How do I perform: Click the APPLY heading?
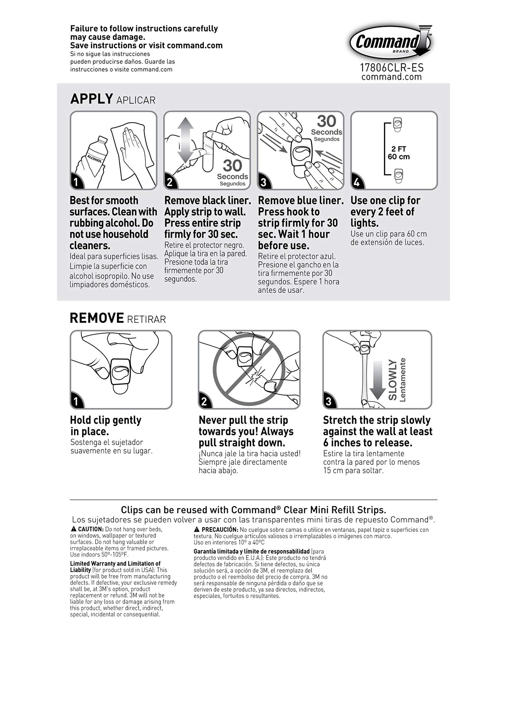point(91,99)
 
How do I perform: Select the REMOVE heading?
point(97,318)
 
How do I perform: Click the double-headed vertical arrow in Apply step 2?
point(186,141)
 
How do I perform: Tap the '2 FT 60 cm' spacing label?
point(399,153)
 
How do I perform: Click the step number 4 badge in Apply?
point(357,181)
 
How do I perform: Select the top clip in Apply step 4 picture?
point(397,125)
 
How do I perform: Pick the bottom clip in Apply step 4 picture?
point(398,176)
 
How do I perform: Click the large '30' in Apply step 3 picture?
point(327,121)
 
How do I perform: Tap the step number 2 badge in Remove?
point(205,401)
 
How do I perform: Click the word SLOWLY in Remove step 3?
point(393,380)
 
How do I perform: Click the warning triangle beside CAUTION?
point(74,529)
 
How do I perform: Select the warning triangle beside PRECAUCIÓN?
point(197,529)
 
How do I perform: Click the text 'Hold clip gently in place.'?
point(106,426)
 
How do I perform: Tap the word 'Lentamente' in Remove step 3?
point(403,380)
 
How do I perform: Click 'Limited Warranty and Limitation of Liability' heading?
point(115,566)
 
